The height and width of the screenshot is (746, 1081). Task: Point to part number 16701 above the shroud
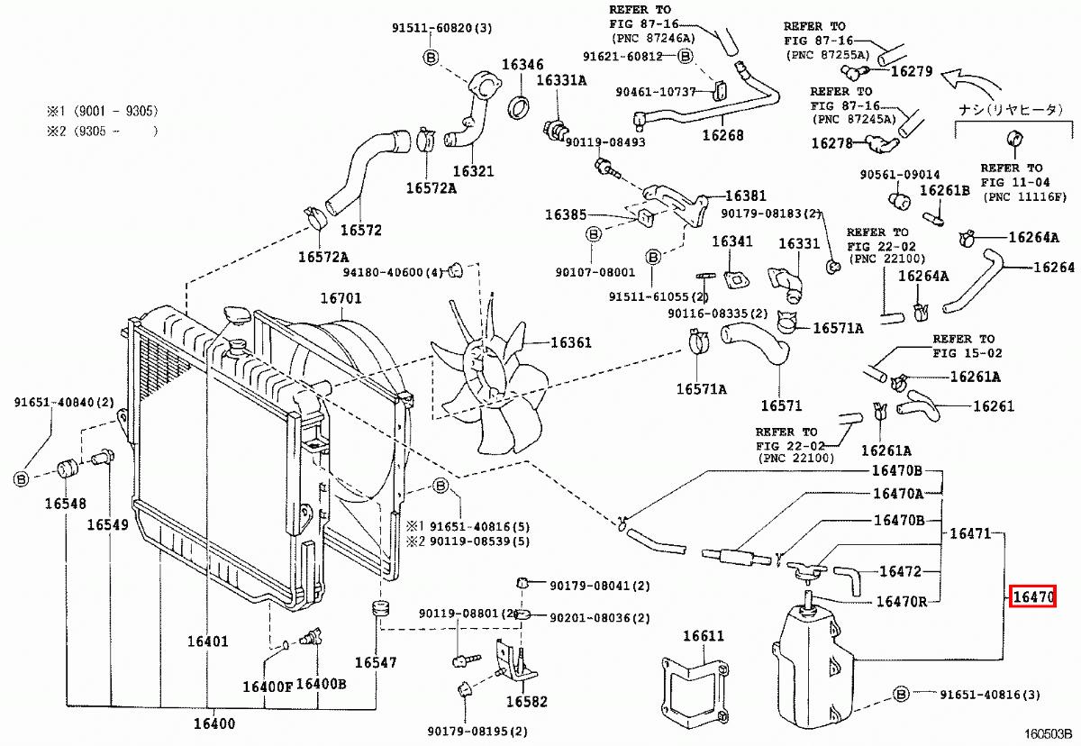pyautogui.click(x=341, y=298)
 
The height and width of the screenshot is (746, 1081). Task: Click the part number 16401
pyautogui.click(x=208, y=642)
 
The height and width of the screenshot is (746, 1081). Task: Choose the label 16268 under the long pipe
pyautogui.click(x=722, y=135)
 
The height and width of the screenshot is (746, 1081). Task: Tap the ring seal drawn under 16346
pyautogui.click(x=521, y=106)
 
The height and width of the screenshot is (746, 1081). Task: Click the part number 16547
pyautogui.click(x=375, y=662)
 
